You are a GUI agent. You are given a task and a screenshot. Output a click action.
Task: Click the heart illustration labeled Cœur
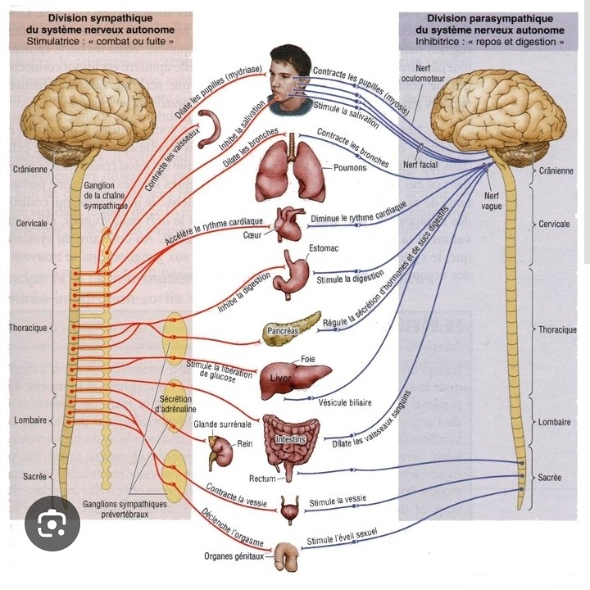point(289,224)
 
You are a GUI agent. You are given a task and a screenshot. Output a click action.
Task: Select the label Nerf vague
point(492,201)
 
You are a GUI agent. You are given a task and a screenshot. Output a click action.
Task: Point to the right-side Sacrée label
point(549,477)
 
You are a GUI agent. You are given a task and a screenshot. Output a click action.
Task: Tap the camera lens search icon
point(52,523)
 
